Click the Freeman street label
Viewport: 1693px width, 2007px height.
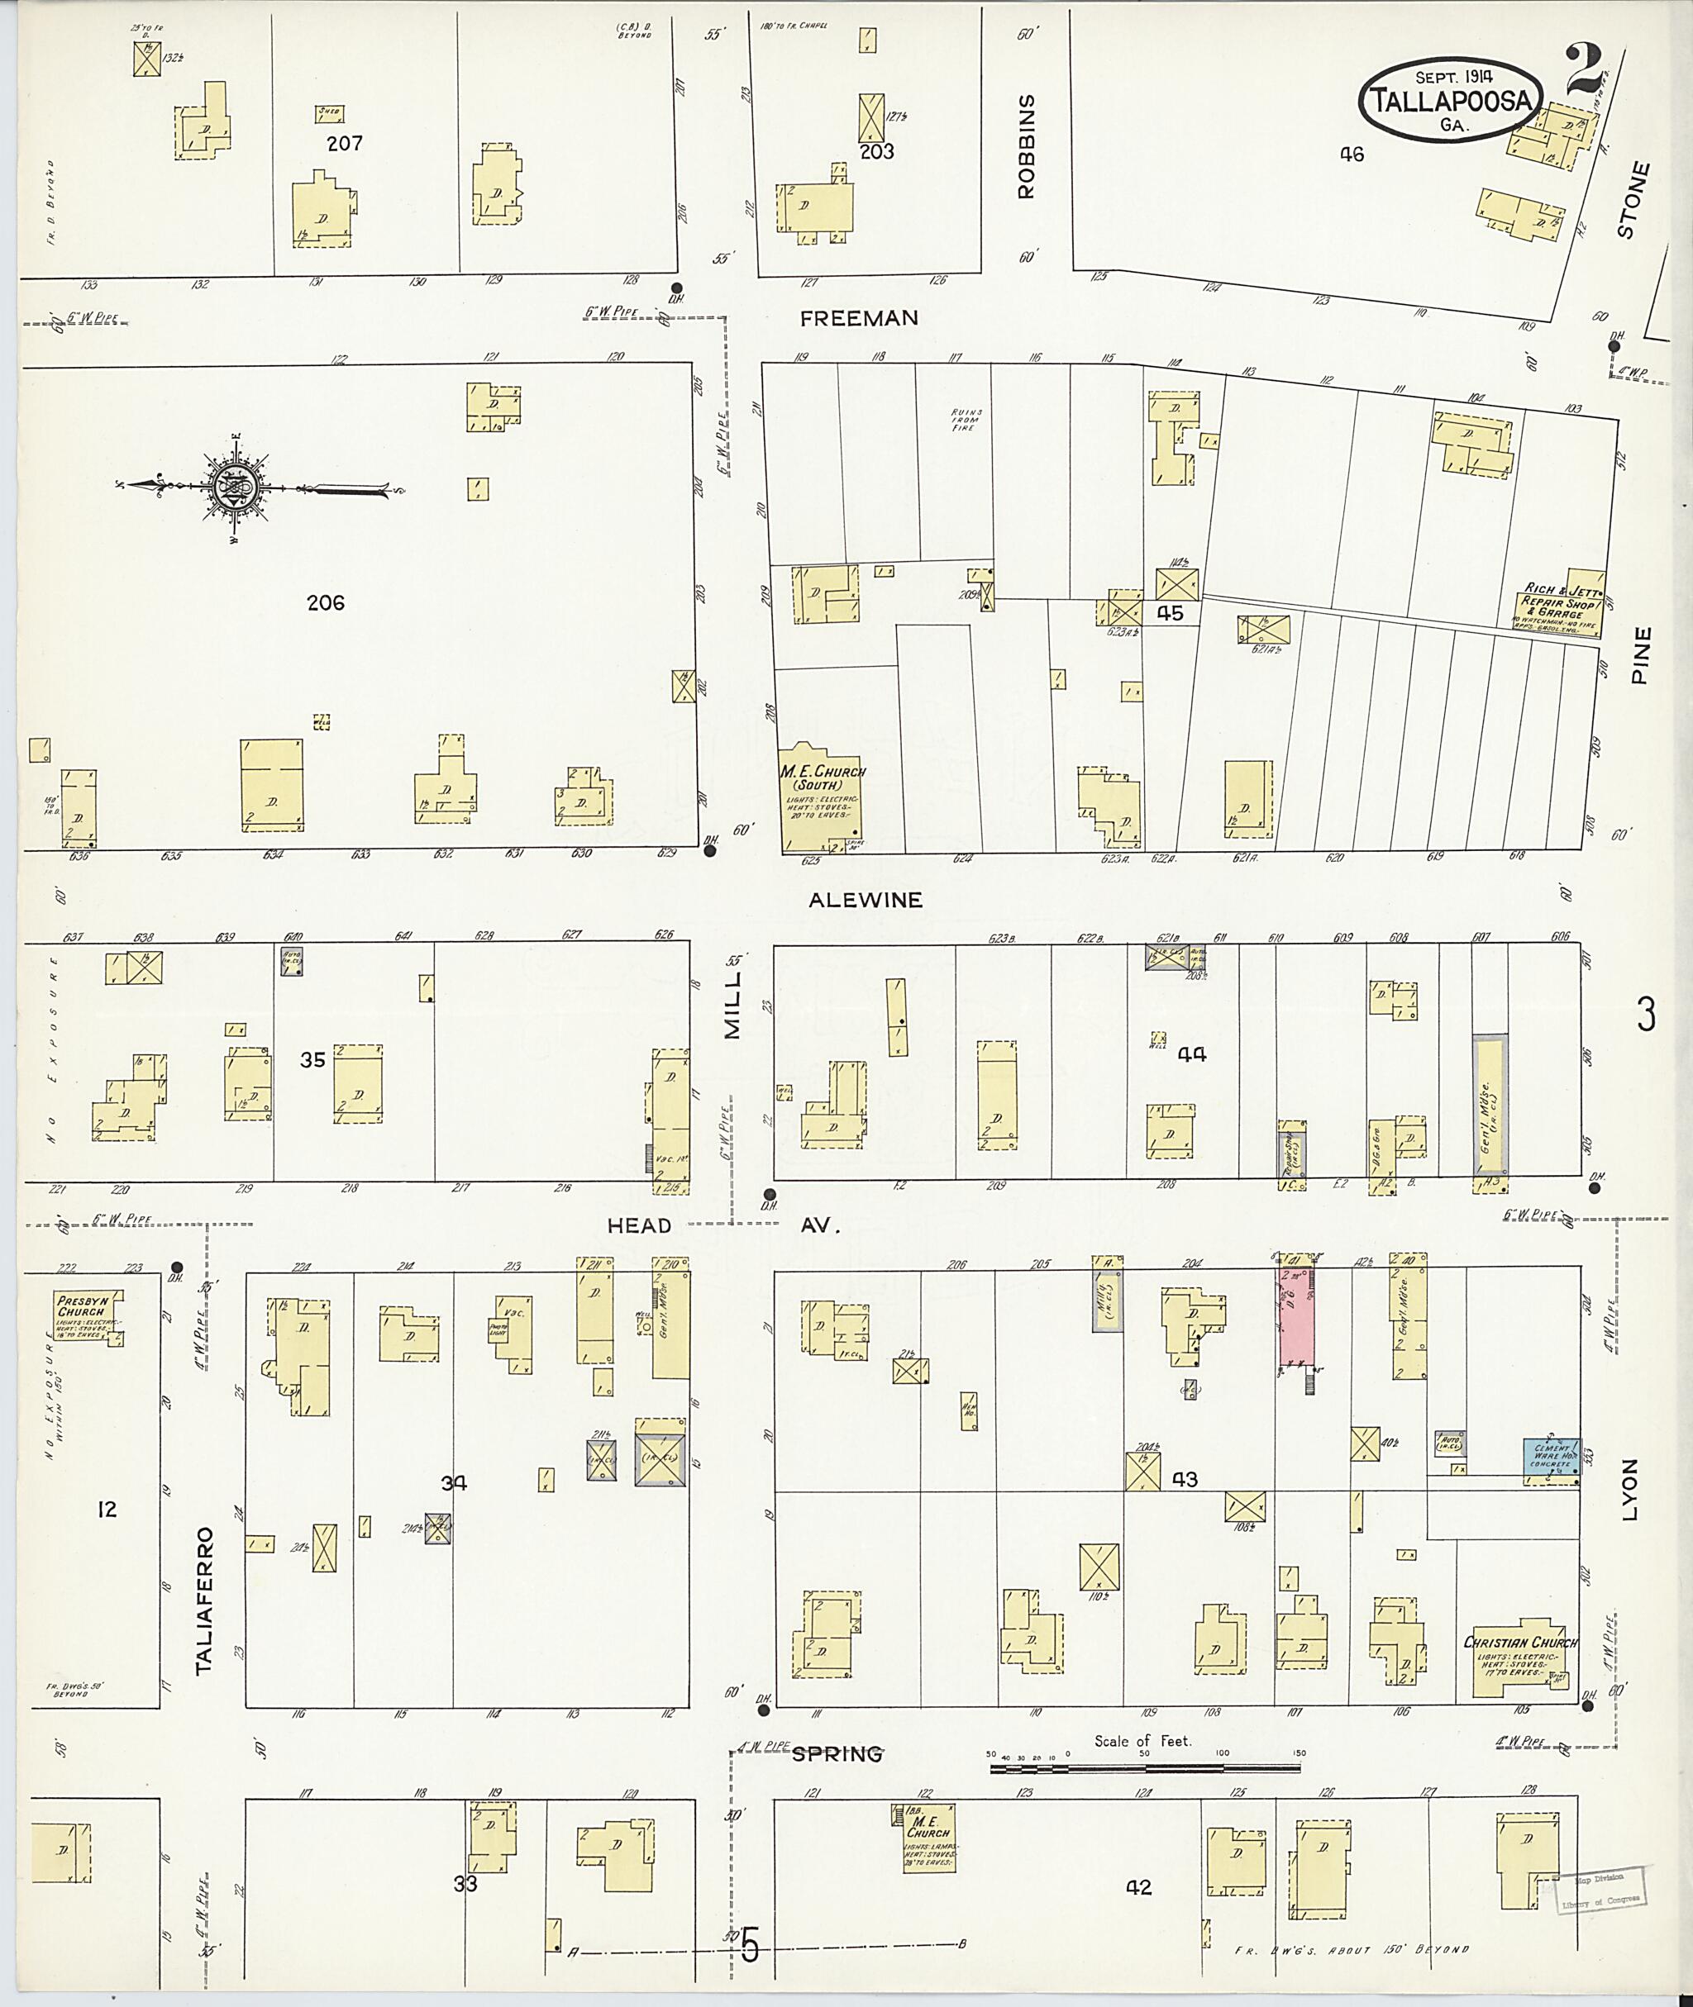(859, 318)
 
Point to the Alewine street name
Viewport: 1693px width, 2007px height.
(865, 900)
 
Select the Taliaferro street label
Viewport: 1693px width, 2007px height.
(203, 1601)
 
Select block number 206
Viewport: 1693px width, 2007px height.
(326, 602)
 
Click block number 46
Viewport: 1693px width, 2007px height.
(1352, 154)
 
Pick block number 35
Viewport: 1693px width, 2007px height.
(312, 1059)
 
